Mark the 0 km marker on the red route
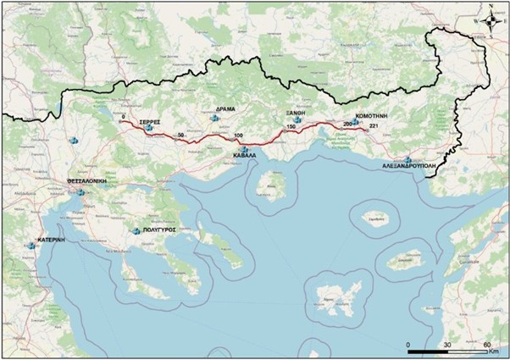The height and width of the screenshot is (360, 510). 124,116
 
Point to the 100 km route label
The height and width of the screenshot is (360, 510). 237,136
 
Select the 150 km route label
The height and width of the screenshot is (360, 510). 291,127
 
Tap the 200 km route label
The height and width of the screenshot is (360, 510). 347,125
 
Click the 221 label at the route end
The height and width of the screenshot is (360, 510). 374,126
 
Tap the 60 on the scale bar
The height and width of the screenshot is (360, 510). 487,345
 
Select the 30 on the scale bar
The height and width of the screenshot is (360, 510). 447,345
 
